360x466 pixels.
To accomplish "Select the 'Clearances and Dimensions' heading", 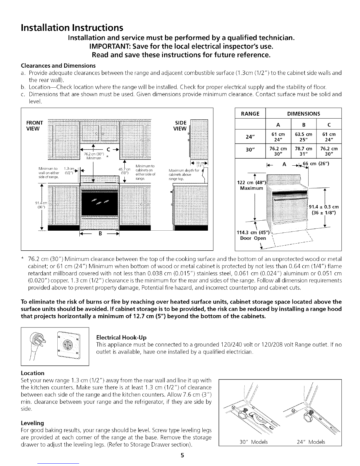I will point(58,65).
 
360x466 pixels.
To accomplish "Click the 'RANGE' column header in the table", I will point(250,114).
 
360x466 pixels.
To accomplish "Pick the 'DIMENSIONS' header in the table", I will point(303,114).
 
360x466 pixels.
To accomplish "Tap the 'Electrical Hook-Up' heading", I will point(121,337).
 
